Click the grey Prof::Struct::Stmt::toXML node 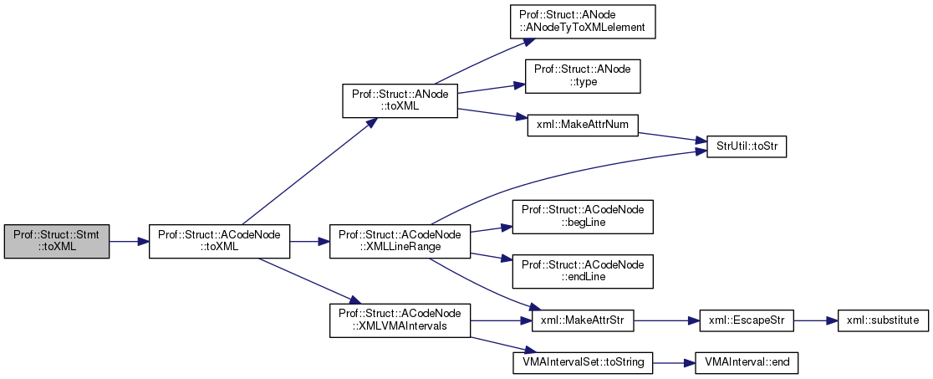(57, 241)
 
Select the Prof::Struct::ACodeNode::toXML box (219, 241)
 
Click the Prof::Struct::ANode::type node (582, 75)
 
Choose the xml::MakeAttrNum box (582, 125)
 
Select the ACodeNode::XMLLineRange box (400, 241)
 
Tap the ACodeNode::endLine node (582, 270)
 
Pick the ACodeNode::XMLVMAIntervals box (400, 320)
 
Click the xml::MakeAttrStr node (582, 320)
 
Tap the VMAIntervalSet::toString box (582, 362)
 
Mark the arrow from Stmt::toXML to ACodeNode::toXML (129, 241)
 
